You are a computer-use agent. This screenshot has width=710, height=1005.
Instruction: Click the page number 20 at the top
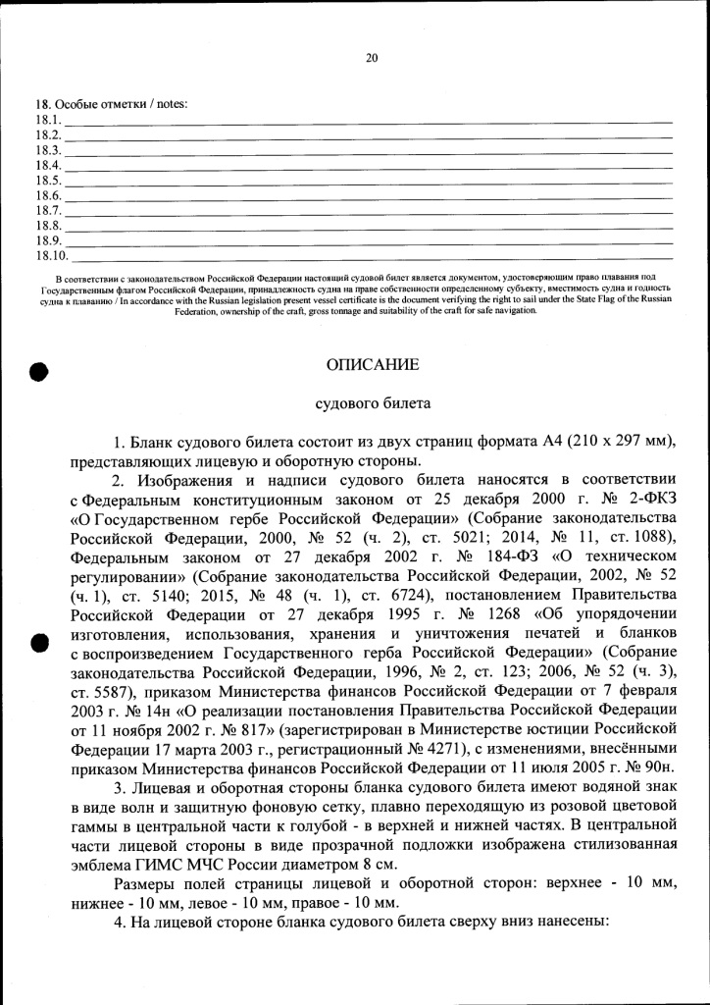[x=372, y=58]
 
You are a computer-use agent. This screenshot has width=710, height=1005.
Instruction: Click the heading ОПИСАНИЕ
[x=372, y=365]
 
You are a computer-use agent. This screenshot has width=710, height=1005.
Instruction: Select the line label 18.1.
[x=49, y=120]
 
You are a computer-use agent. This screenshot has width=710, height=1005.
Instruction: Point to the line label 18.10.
[x=52, y=256]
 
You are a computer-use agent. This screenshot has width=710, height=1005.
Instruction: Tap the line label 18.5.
[x=49, y=181]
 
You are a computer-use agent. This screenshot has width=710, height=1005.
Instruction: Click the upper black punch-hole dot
[x=39, y=371]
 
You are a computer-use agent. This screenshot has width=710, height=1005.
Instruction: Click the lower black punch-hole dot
[x=39, y=643]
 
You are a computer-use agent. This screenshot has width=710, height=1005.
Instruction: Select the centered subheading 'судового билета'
[x=372, y=402]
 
